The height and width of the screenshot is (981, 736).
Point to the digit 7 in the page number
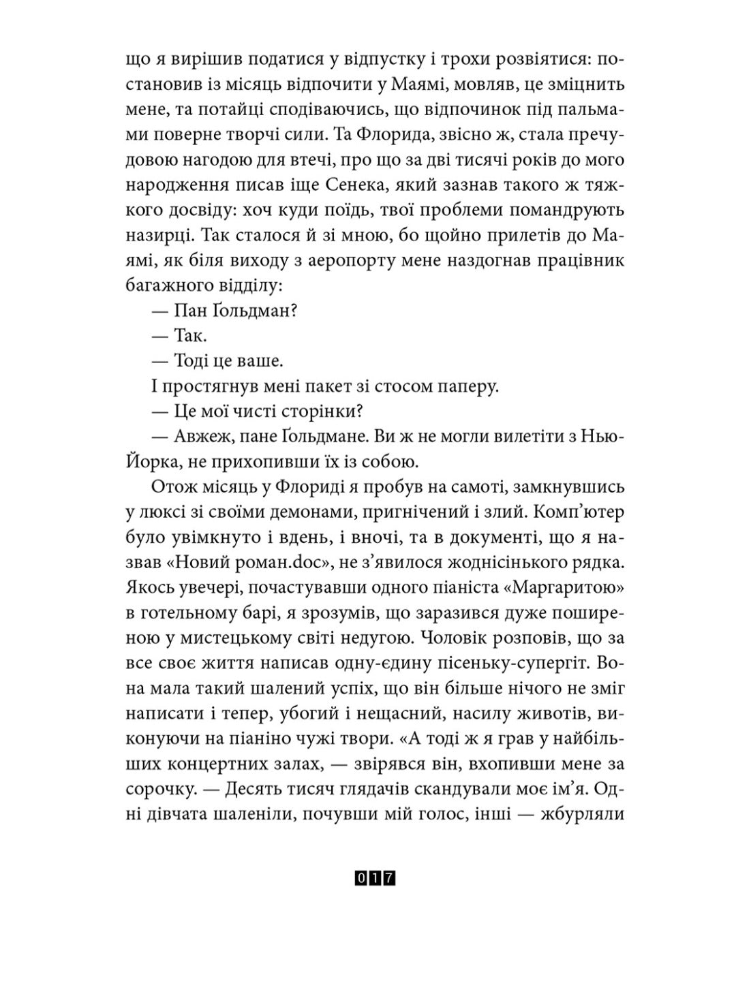[x=390, y=879]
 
